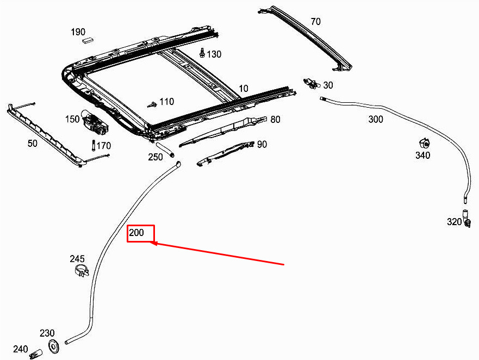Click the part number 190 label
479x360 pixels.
[78, 32]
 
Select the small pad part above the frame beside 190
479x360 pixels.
[88, 40]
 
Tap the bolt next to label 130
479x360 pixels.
[202, 53]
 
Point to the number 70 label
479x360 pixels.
[315, 22]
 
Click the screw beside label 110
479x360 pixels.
[152, 103]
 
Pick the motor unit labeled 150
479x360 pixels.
[95, 123]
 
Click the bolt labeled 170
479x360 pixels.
[94, 146]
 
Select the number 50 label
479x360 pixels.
[33, 143]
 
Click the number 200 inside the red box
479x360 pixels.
[136, 233]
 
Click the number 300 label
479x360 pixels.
[376, 120]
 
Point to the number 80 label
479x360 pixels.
[276, 119]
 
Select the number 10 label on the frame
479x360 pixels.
[243, 89]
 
